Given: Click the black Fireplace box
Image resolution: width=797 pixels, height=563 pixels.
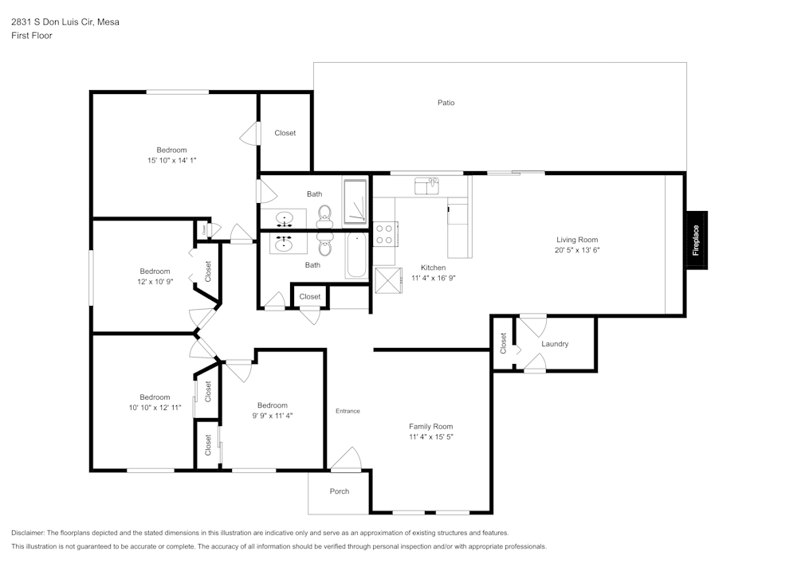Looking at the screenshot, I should pos(696,240).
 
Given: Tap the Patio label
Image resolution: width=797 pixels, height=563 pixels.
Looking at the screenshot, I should pos(446,103).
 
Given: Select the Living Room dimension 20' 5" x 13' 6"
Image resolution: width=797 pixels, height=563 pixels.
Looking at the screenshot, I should pos(577,250).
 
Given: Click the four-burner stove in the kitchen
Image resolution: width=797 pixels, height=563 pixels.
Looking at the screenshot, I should pos(384,233).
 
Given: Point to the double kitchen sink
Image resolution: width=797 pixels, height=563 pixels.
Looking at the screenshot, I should pos(427,186).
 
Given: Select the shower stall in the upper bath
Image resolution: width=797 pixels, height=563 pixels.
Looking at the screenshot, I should pos(355,202).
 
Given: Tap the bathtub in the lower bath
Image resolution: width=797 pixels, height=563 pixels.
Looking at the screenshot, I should pos(356,256).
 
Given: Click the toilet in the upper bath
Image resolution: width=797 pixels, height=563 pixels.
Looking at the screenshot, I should pos(324,213).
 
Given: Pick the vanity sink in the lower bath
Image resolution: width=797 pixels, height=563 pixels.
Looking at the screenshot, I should pos(284,244).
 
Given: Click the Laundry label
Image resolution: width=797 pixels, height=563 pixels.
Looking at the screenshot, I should pos(555,344).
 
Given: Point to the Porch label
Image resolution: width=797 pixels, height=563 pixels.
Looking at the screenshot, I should pos(340,491).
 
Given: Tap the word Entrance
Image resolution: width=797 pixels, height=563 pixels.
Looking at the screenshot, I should pos(347,411).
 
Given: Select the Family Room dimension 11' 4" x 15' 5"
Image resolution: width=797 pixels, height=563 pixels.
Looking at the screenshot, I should pos(431,437).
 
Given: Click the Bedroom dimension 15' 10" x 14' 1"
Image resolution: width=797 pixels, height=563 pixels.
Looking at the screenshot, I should pos(171,161).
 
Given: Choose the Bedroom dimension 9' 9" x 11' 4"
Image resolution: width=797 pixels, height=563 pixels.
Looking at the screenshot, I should pos(267,416).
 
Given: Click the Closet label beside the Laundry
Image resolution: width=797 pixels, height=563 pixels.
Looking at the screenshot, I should pos(503,343).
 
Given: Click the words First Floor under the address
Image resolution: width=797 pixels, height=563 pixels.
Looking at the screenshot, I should pos(32,36).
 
